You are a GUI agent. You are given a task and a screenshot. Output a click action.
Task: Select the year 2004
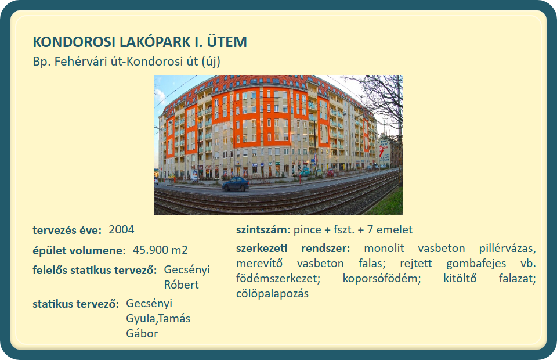click(121, 229)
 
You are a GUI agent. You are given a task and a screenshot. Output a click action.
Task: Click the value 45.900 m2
click(160, 250)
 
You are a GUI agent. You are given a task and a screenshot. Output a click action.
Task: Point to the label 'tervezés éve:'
click(67, 231)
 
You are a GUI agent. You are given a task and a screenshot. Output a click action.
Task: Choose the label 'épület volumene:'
click(79, 250)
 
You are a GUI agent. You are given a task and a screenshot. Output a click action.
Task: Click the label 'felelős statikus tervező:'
click(95, 270)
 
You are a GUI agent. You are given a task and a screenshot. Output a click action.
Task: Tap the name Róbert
click(181, 285)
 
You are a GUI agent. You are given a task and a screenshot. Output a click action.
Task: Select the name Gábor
click(142, 333)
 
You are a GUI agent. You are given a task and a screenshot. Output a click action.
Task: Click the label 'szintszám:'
click(263, 229)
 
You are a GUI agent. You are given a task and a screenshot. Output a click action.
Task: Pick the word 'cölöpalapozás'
click(273, 294)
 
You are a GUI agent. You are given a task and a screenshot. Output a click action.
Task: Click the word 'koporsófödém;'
click(382, 278)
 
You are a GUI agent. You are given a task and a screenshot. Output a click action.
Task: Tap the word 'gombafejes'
click(476, 264)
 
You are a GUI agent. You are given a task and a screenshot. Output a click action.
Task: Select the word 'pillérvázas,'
click(507, 248)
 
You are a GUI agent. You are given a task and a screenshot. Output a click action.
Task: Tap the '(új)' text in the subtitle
click(211, 62)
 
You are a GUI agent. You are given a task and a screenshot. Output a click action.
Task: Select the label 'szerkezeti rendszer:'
click(293, 248)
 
